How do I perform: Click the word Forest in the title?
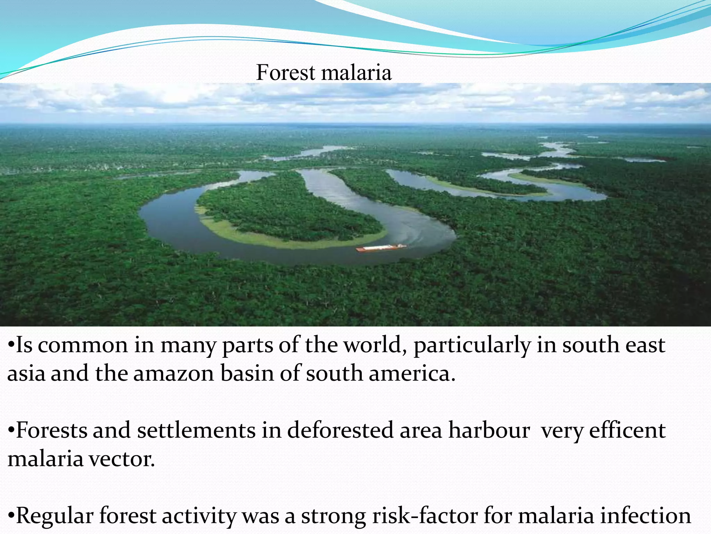tap(285, 73)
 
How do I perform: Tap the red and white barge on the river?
tap(380, 248)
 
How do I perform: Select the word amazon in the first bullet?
tap(174, 374)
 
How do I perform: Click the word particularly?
tap(472, 346)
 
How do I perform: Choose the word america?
tap(412, 374)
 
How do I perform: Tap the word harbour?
tap(489, 430)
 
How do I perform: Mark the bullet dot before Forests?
tap(11, 431)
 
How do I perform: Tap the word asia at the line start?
tap(26, 374)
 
